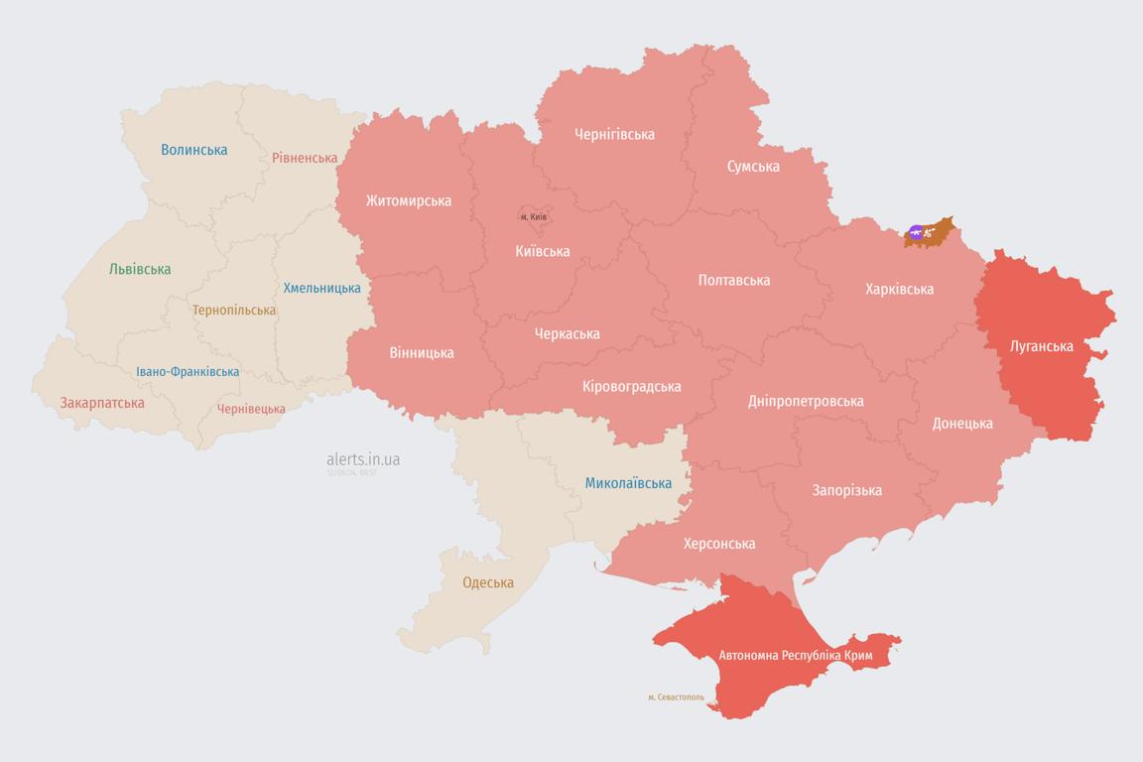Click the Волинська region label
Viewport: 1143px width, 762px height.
[194, 150]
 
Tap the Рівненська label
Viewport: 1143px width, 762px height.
[305, 158]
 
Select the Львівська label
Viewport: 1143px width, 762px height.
[140, 269]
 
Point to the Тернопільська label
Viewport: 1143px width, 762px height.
[234, 310]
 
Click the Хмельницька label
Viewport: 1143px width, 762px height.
[322, 288]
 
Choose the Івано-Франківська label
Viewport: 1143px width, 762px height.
[188, 372]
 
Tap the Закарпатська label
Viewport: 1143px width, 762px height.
[102, 403]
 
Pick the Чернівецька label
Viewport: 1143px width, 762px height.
[251, 409]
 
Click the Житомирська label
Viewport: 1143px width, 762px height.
[409, 200]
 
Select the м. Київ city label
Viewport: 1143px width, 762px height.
[534, 216]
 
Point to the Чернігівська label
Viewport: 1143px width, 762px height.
[614, 134]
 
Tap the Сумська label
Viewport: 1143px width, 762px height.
[753, 166]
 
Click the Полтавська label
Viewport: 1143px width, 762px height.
[734, 280]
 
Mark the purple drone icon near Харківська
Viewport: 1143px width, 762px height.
[916, 233]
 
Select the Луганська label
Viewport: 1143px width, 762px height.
[1041, 346]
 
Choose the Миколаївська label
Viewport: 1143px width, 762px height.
[628, 483]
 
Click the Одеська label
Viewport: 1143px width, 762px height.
[488, 582]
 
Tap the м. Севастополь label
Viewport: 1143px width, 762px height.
[676, 697]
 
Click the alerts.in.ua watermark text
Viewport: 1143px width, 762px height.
[363, 459]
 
